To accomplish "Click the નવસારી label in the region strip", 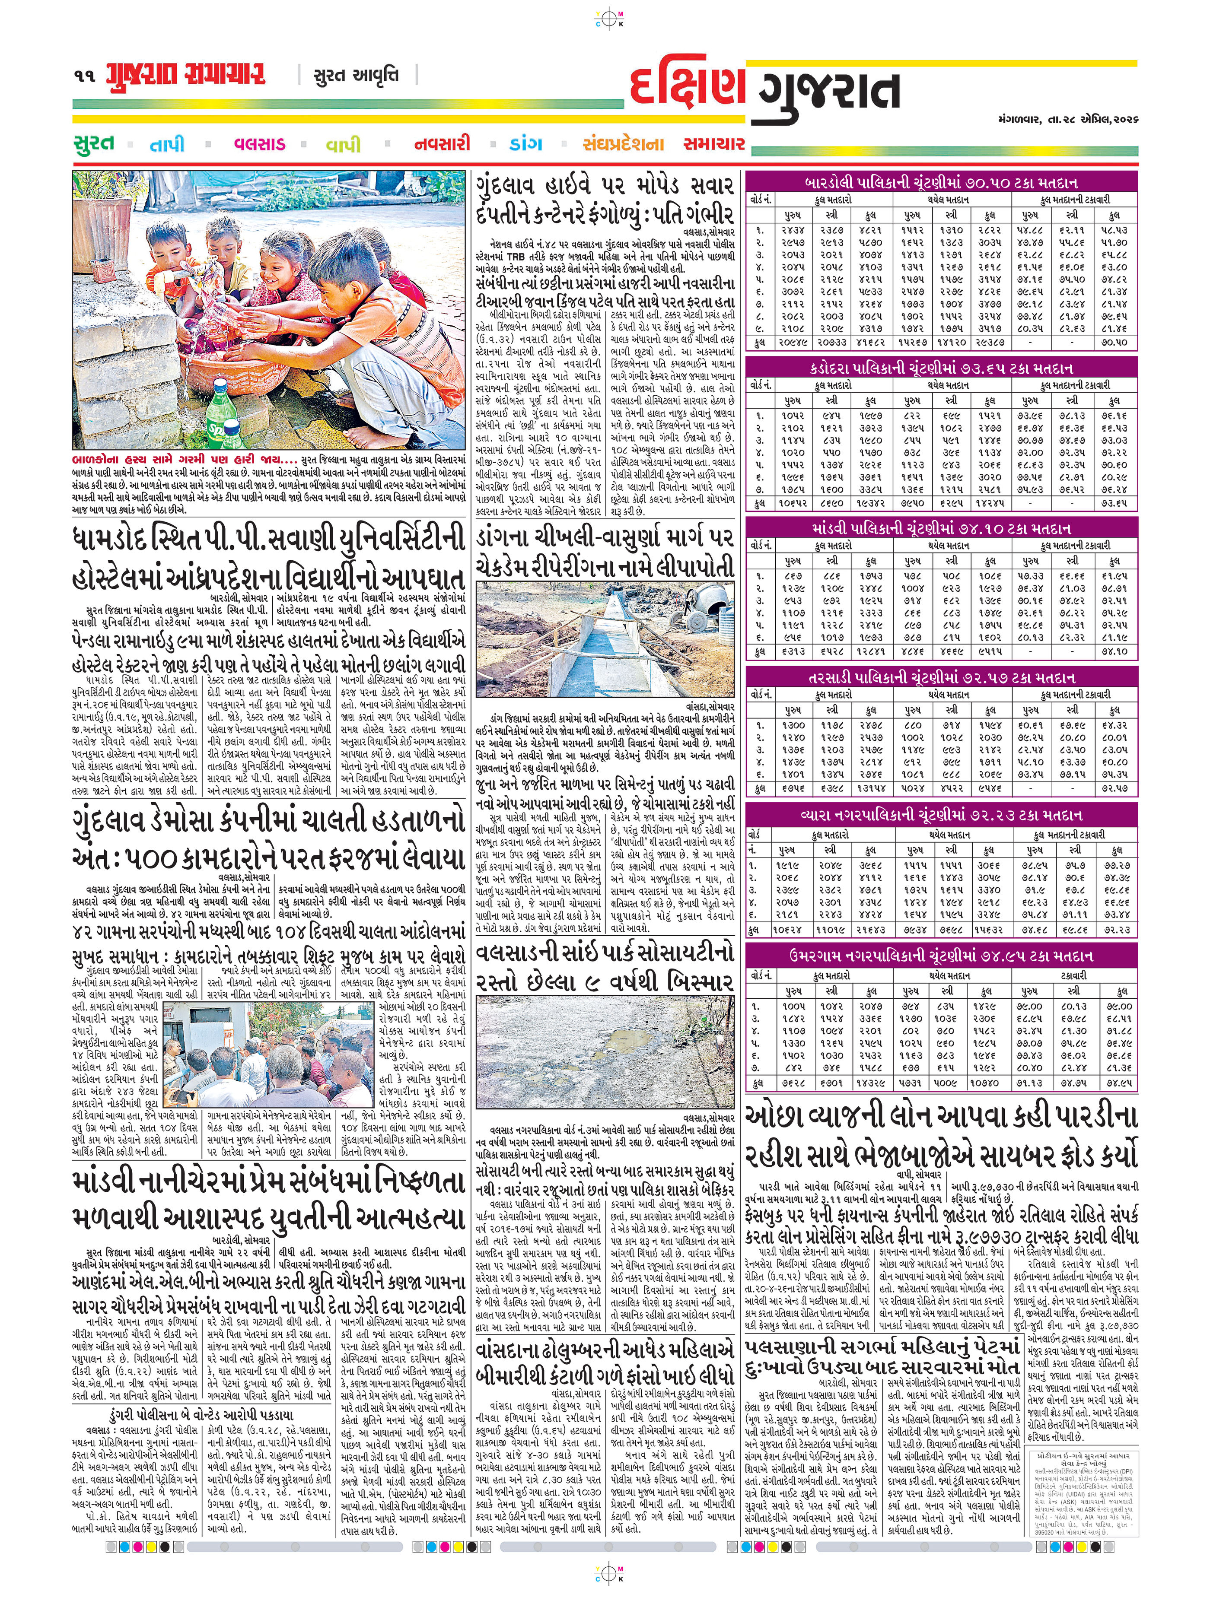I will click(442, 144).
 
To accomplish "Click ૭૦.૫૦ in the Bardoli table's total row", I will click(1113, 341).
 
